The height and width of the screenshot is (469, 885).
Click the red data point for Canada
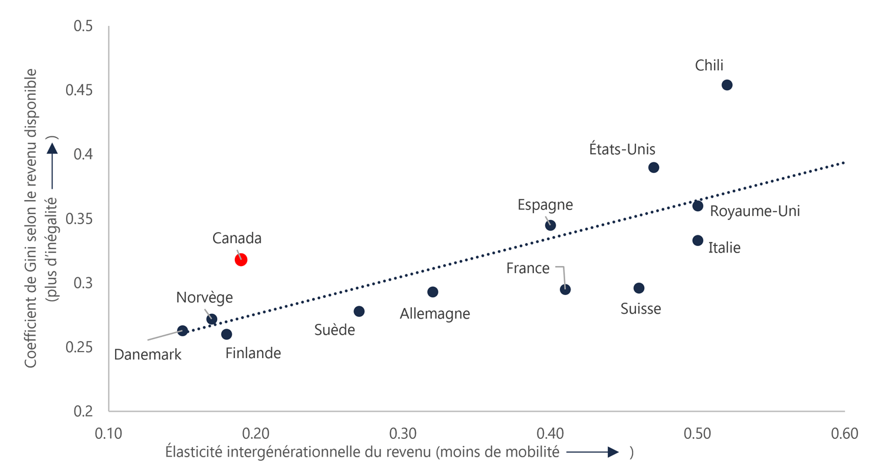pyautogui.click(x=241, y=260)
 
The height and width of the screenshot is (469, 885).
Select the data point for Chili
pyautogui.click(x=727, y=85)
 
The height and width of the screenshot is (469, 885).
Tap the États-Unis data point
pyautogui.click(x=653, y=168)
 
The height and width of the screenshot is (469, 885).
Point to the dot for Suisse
pyautogui.click(x=638, y=288)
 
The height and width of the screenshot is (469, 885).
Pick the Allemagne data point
pyautogui.click(x=432, y=292)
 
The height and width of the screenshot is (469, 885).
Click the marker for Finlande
pyautogui.click(x=227, y=334)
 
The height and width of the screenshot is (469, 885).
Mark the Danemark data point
pyautogui.click(x=182, y=331)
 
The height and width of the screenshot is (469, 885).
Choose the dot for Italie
pyautogui.click(x=697, y=240)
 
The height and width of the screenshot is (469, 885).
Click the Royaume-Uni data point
pyautogui.click(x=697, y=206)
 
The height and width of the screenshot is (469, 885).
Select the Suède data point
pyautogui.click(x=359, y=311)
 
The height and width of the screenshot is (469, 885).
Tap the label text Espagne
pyautogui.click(x=545, y=205)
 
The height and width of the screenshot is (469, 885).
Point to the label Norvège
pyautogui.click(x=204, y=298)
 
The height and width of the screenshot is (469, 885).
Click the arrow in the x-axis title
pyautogui.click(x=594, y=452)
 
